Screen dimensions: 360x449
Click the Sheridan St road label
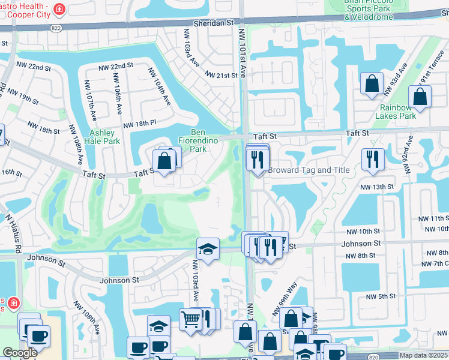[213, 22]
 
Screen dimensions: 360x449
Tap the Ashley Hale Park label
[104, 137]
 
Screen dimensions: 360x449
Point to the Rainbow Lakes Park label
[397, 112]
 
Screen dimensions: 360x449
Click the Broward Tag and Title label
[309, 170]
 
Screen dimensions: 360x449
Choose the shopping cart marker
[190, 319]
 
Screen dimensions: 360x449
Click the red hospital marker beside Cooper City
[59, 8]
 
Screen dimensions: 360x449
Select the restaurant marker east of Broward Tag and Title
[373, 160]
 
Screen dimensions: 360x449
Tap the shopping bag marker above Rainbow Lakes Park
[420, 97]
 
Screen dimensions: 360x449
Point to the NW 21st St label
[221, 75]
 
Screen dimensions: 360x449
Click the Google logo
[20, 353]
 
